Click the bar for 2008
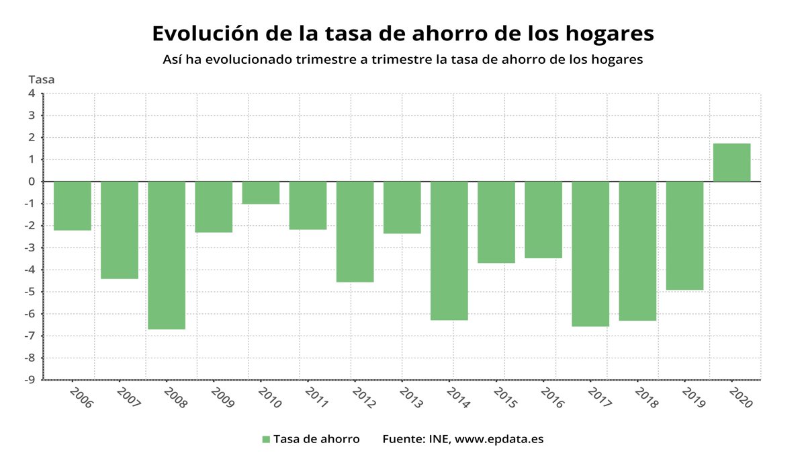click(x=167, y=255)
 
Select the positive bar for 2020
click(x=731, y=163)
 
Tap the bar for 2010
click(x=261, y=193)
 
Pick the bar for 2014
click(x=449, y=251)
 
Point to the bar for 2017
click(x=590, y=254)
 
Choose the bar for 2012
click(x=355, y=232)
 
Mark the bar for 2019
click(x=684, y=236)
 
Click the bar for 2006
click(x=73, y=206)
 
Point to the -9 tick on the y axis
click(x=30, y=380)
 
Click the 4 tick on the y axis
click(x=32, y=93)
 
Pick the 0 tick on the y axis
click(x=32, y=182)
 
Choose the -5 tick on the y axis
click(x=30, y=292)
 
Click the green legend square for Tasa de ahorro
click(x=266, y=439)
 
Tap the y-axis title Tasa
click(x=41, y=79)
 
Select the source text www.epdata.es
click(x=498, y=439)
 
